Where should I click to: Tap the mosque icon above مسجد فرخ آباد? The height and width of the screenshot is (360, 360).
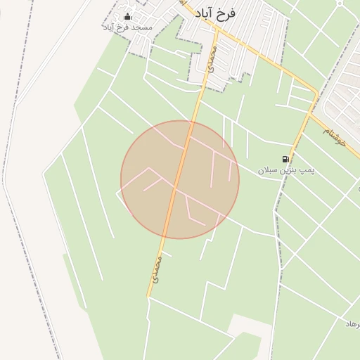pyautogui.click(x=127, y=17)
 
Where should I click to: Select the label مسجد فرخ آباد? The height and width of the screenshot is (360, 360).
pyautogui.click(x=127, y=27)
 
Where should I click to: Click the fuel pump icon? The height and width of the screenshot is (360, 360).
pyautogui.click(x=285, y=160)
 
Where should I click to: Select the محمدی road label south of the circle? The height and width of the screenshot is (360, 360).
pyautogui.click(x=157, y=269)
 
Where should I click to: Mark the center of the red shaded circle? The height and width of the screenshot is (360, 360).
pyautogui.click(x=180, y=179)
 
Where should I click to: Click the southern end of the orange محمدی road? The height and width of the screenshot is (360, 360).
pyautogui.click(x=149, y=296)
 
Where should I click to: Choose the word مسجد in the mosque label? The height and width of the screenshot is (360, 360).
pyautogui.click(x=141, y=27)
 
